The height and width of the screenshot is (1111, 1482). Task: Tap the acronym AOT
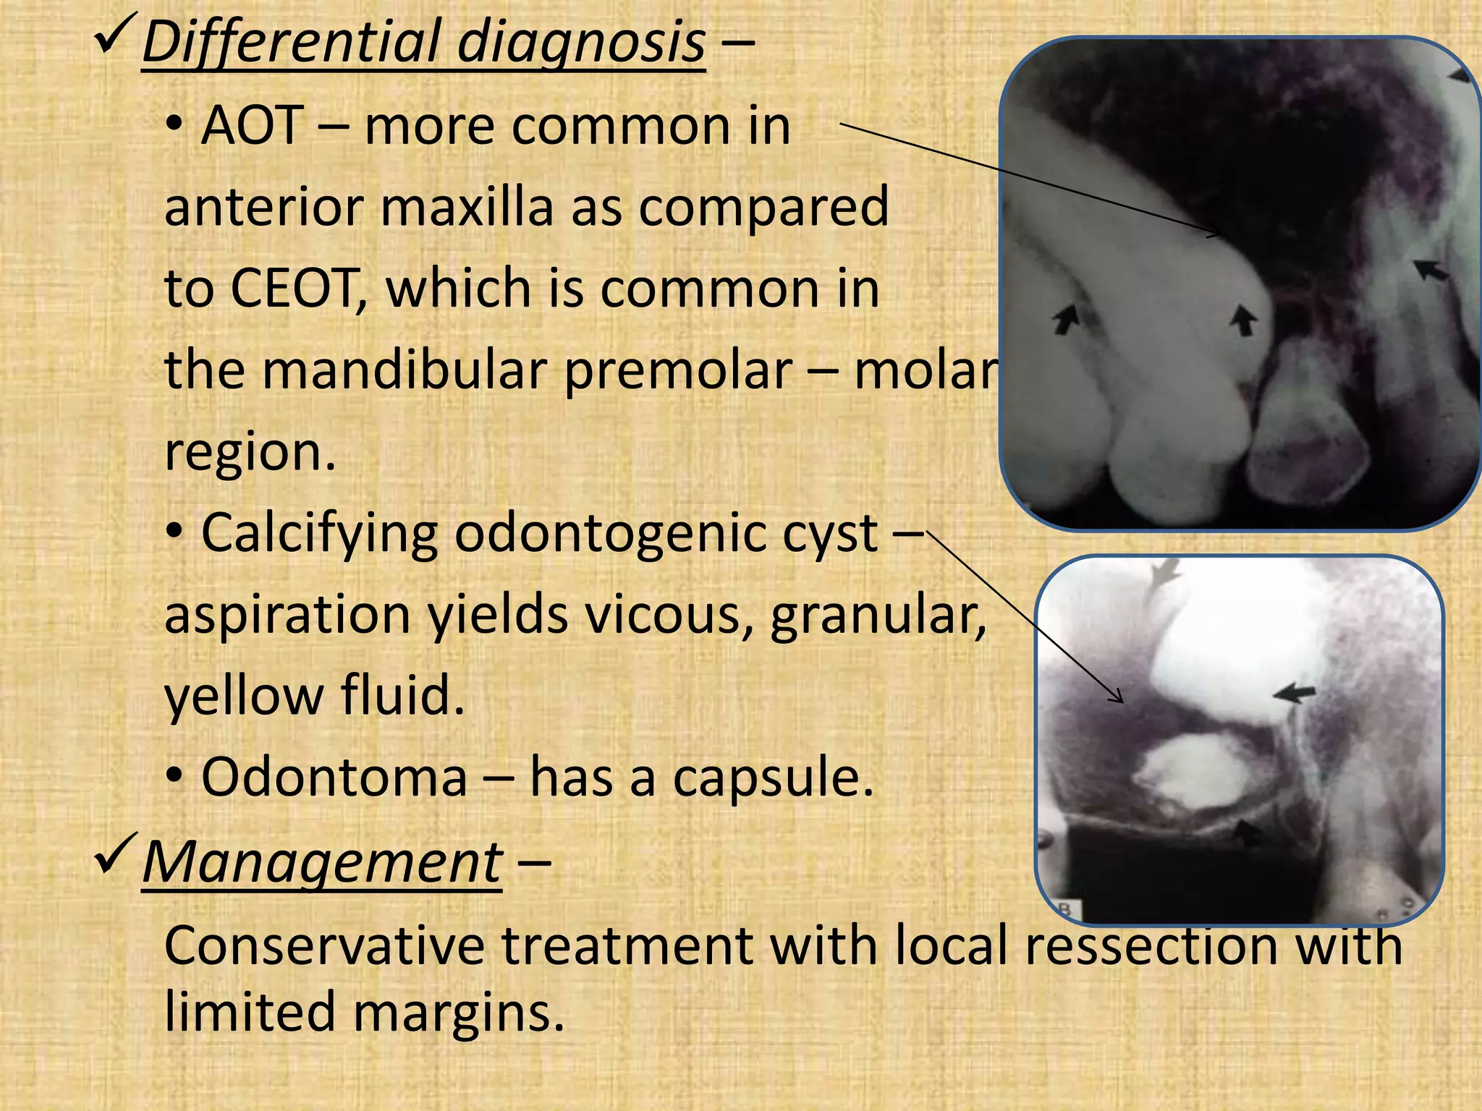(252, 126)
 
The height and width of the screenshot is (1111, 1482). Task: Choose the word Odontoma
(334, 778)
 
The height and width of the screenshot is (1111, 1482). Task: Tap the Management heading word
(322, 863)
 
